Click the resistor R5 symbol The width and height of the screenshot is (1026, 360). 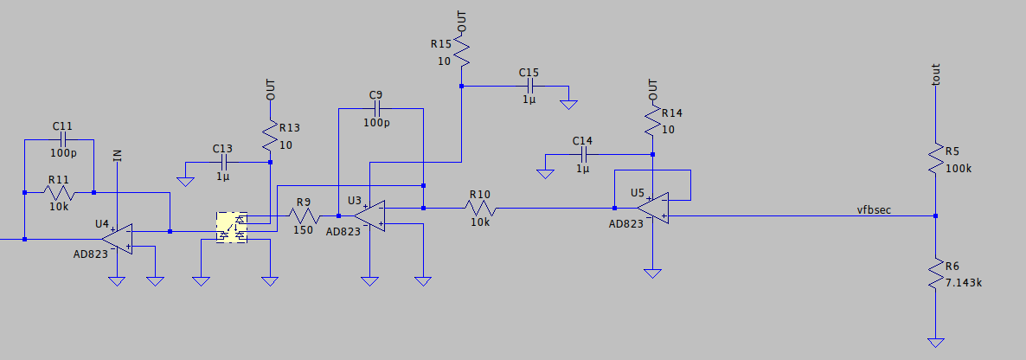tap(935, 159)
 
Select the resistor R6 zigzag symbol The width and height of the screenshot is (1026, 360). tap(935, 276)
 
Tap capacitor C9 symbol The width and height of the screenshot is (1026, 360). tap(376, 109)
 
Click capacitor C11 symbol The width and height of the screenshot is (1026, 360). tap(62, 140)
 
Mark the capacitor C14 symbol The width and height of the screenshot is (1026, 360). tap(584, 155)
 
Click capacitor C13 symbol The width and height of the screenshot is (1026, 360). tap(223, 162)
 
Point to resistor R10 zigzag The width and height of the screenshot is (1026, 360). tap(480, 208)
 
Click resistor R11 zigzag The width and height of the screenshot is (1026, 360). tap(59, 192)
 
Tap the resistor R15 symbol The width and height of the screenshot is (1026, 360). tap(461, 54)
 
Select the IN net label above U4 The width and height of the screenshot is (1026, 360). tap(118, 156)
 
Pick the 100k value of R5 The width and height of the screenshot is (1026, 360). tap(959, 169)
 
